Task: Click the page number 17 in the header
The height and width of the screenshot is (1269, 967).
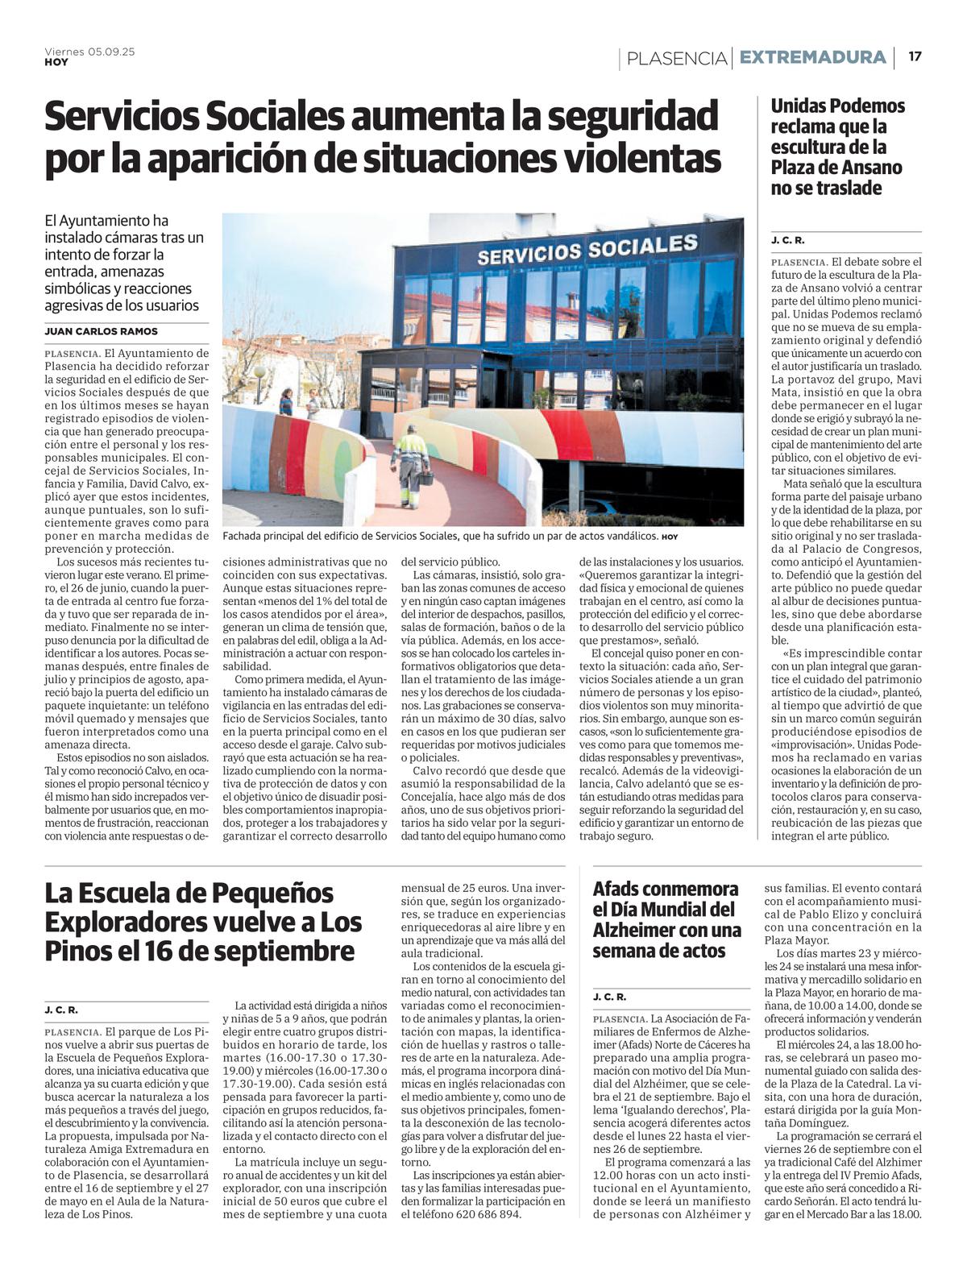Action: tap(915, 56)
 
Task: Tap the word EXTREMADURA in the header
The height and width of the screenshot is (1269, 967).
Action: tap(812, 57)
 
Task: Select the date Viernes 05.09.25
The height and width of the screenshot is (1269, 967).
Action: tap(89, 52)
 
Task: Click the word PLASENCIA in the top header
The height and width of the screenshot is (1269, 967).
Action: tap(676, 58)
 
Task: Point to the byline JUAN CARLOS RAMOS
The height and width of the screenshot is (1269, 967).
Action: tap(101, 331)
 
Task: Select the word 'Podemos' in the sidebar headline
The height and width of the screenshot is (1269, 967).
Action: tap(865, 106)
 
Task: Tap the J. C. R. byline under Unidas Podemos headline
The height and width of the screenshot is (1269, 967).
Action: tap(787, 240)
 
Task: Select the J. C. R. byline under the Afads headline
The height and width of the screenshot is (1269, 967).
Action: tap(609, 997)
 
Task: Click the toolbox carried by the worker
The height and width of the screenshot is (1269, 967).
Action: tap(425, 480)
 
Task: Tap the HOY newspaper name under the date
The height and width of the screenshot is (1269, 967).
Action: tap(56, 62)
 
